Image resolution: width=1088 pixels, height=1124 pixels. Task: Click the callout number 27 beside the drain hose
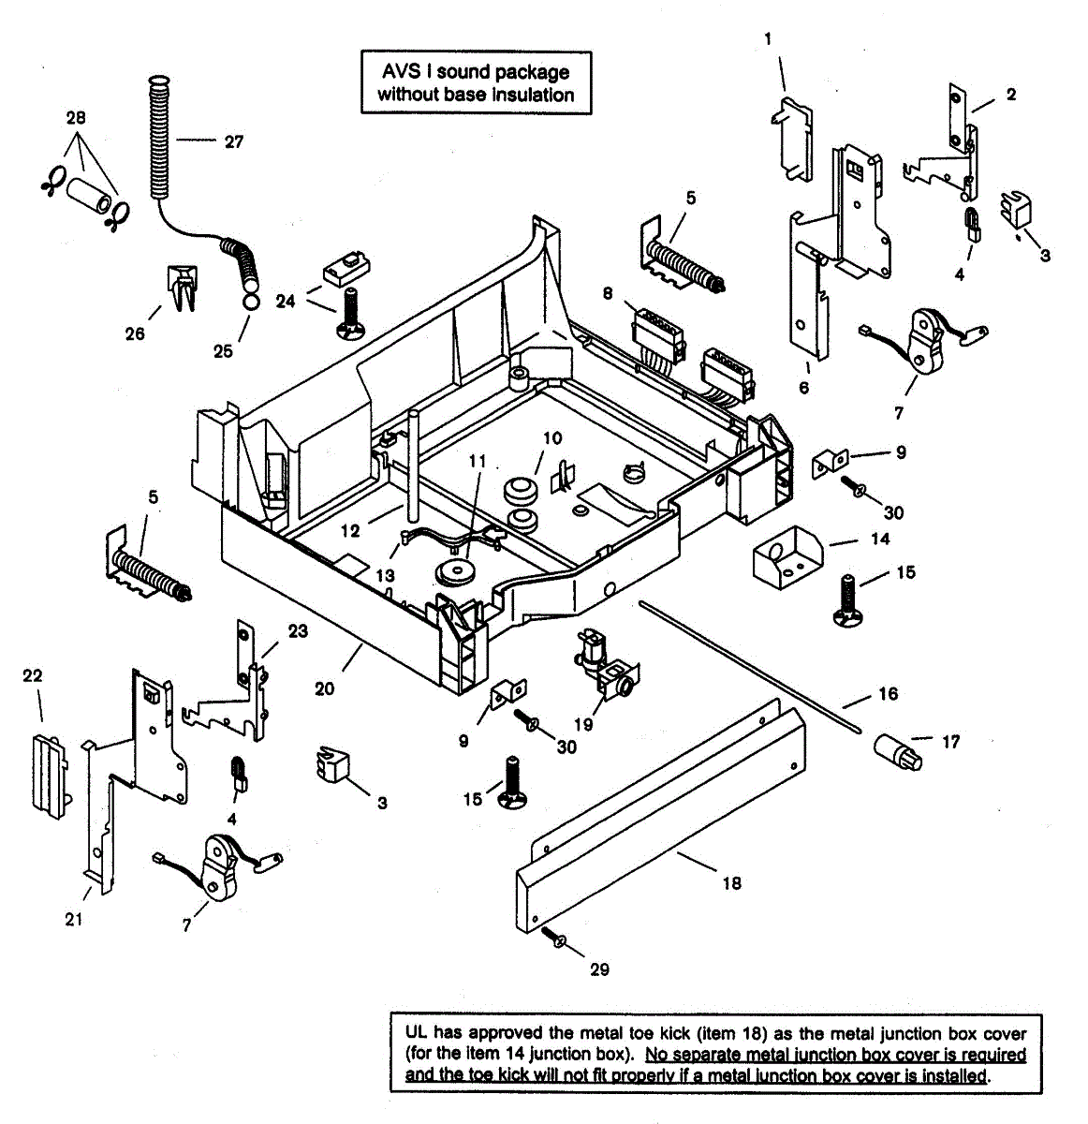[233, 141]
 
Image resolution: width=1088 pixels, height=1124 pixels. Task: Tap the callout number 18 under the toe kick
[731, 882]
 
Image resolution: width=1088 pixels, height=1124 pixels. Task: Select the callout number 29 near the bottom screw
[599, 969]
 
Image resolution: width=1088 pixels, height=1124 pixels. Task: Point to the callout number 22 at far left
[32, 675]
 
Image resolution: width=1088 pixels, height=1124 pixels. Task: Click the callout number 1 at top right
[768, 38]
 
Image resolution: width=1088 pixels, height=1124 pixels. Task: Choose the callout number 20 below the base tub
[324, 688]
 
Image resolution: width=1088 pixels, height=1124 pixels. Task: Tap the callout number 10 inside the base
[551, 437]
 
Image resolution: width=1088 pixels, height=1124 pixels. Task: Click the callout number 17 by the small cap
[950, 741]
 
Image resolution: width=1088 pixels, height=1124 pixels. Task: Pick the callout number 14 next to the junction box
[880, 539]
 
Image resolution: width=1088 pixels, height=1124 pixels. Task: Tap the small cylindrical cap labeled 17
[898, 751]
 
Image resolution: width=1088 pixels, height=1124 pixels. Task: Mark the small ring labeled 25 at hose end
[250, 303]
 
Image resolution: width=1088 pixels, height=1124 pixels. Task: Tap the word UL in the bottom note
[416, 1033]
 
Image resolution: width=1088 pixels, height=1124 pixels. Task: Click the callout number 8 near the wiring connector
[608, 293]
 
